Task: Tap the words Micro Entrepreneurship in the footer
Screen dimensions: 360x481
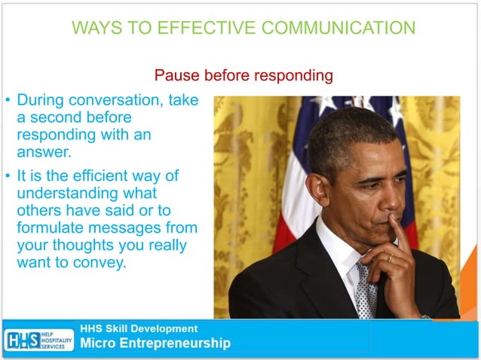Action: point(155,344)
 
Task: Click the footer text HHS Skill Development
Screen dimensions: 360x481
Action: point(139,328)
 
